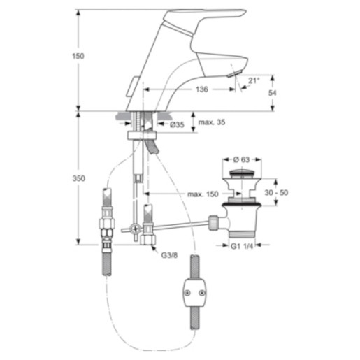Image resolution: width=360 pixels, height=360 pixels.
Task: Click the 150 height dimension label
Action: (78, 56)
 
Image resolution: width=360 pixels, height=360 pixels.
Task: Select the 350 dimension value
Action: (78, 178)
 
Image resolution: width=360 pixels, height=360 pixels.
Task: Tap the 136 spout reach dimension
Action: (201, 89)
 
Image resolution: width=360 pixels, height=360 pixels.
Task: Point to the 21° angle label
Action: (254, 80)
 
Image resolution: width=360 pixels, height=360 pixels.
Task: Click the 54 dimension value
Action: (272, 93)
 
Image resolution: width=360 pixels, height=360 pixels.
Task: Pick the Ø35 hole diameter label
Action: (177, 125)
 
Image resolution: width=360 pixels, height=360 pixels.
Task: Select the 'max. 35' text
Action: (212, 122)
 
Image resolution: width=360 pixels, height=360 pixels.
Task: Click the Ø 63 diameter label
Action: (241, 159)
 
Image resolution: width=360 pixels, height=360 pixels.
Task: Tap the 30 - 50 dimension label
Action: (276, 193)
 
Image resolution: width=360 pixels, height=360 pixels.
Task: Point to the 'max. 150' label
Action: (203, 194)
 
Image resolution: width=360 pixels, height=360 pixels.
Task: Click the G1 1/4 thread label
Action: (242, 246)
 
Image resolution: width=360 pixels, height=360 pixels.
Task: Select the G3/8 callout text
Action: (169, 255)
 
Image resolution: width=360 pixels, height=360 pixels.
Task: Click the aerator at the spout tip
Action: (234, 74)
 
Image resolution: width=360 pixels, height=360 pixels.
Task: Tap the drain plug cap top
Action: (241, 174)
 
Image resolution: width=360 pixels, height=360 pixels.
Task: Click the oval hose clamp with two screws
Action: (194, 293)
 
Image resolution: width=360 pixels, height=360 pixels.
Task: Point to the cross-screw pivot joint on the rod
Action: (135, 229)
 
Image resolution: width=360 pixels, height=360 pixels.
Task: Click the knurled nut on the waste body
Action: (213, 222)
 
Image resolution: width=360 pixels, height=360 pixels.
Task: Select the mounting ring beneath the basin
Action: (142, 136)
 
